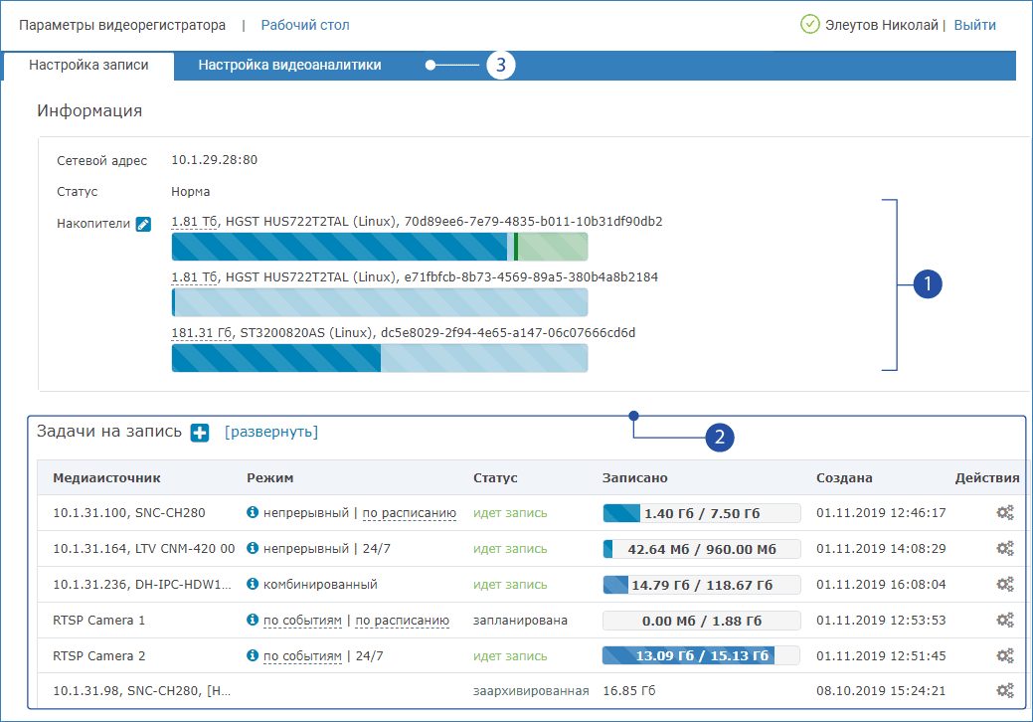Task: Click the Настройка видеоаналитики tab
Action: click(x=289, y=66)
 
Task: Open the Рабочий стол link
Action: click(x=305, y=25)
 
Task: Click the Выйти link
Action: click(x=974, y=25)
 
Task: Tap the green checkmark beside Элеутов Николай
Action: click(x=809, y=25)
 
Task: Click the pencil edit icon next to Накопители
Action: click(x=143, y=225)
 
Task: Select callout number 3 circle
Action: click(x=500, y=66)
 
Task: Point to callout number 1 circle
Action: click(x=927, y=284)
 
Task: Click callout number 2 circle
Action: click(x=720, y=436)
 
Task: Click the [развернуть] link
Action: click(x=271, y=432)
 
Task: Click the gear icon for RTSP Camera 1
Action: click(x=1005, y=621)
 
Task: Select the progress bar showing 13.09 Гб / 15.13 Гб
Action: click(x=688, y=656)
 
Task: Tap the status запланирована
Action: click(x=520, y=621)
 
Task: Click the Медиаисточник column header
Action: click(x=106, y=478)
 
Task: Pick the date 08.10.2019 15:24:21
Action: click(x=881, y=691)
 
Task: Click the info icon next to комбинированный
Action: click(x=253, y=585)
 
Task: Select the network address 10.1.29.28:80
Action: click(x=215, y=159)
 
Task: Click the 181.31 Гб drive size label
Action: click(x=202, y=333)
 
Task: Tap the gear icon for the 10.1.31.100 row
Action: click(x=1005, y=513)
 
